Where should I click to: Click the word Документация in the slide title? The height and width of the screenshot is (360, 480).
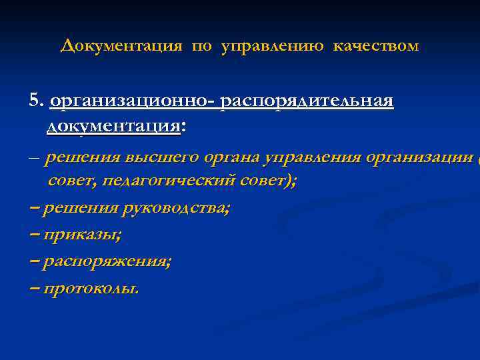click(121, 46)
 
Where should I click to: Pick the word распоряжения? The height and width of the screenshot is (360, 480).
click(107, 262)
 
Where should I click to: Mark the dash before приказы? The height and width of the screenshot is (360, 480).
click(35, 235)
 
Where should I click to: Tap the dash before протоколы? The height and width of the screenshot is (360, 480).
click(35, 288)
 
